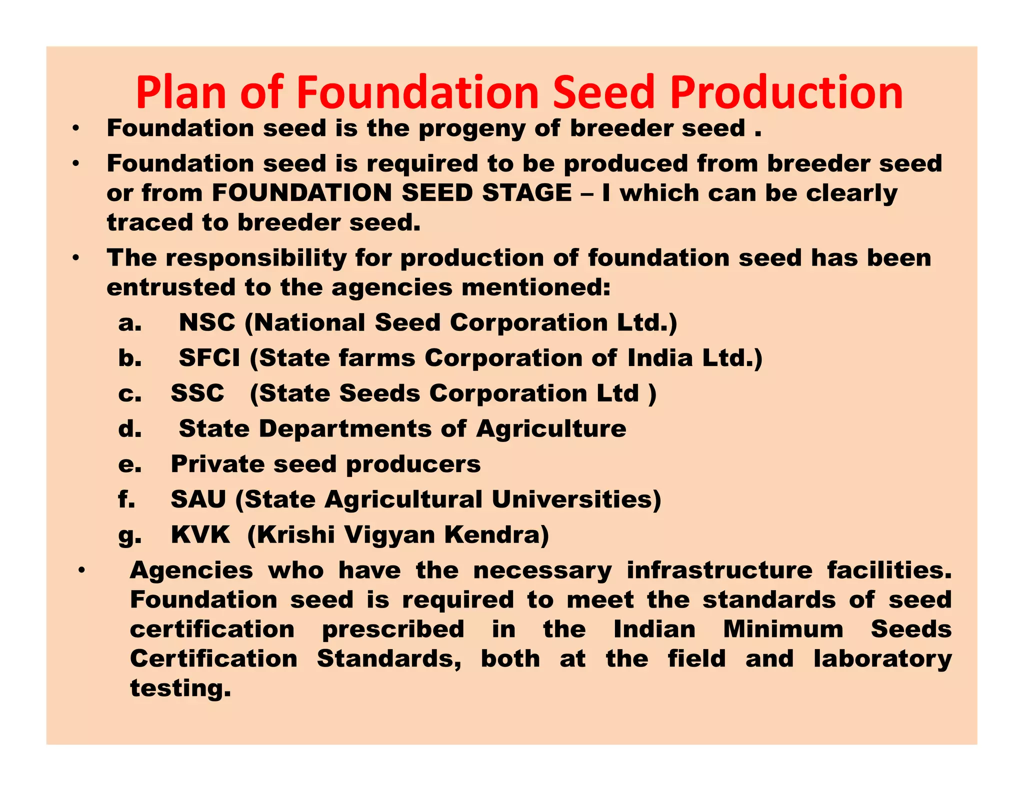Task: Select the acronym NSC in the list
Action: pos(207,322)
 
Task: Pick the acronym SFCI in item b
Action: pos(209,358)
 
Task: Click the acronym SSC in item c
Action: pos(197,393)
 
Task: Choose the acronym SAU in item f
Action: pos(198,499)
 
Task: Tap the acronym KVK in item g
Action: pos(200,535)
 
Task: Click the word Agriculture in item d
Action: pos(551,429)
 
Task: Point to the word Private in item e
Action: pos(217,464)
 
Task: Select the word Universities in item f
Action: pos(576,499)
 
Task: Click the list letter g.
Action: pos(129,536)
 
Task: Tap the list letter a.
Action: pos(129,323)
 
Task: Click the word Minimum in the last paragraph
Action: pos(783,629)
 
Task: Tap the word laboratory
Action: pos(882,659)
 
